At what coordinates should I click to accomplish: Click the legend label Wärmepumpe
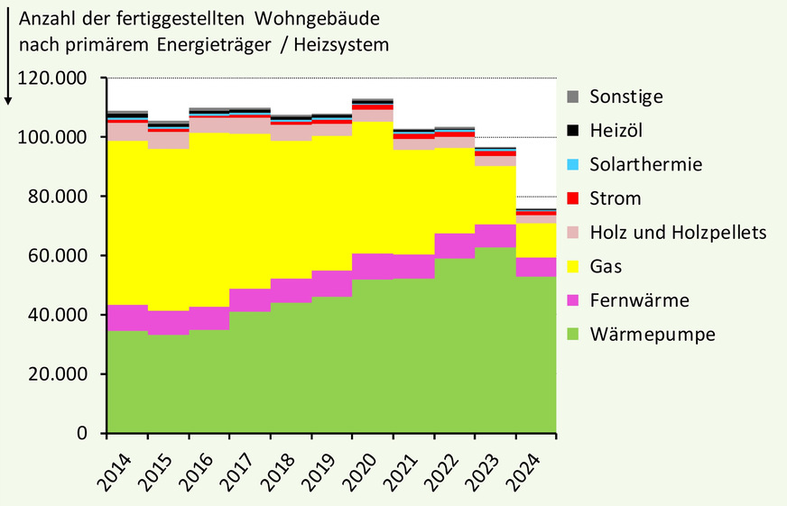pos(652,335)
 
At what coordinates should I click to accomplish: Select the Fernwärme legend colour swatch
pos(572,300)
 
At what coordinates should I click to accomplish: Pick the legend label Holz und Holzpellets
pos(677,232)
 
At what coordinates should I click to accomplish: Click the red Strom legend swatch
pos(572,198)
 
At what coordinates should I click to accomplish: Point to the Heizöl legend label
pos(617,130)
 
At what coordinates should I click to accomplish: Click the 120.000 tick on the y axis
pos(59,78)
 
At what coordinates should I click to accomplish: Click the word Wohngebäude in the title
pos(308,20)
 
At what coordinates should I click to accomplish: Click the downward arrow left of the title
pos(8,54)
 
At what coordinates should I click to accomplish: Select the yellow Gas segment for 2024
pos(535,240)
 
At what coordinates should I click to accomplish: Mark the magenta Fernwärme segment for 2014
pos(127,317)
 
